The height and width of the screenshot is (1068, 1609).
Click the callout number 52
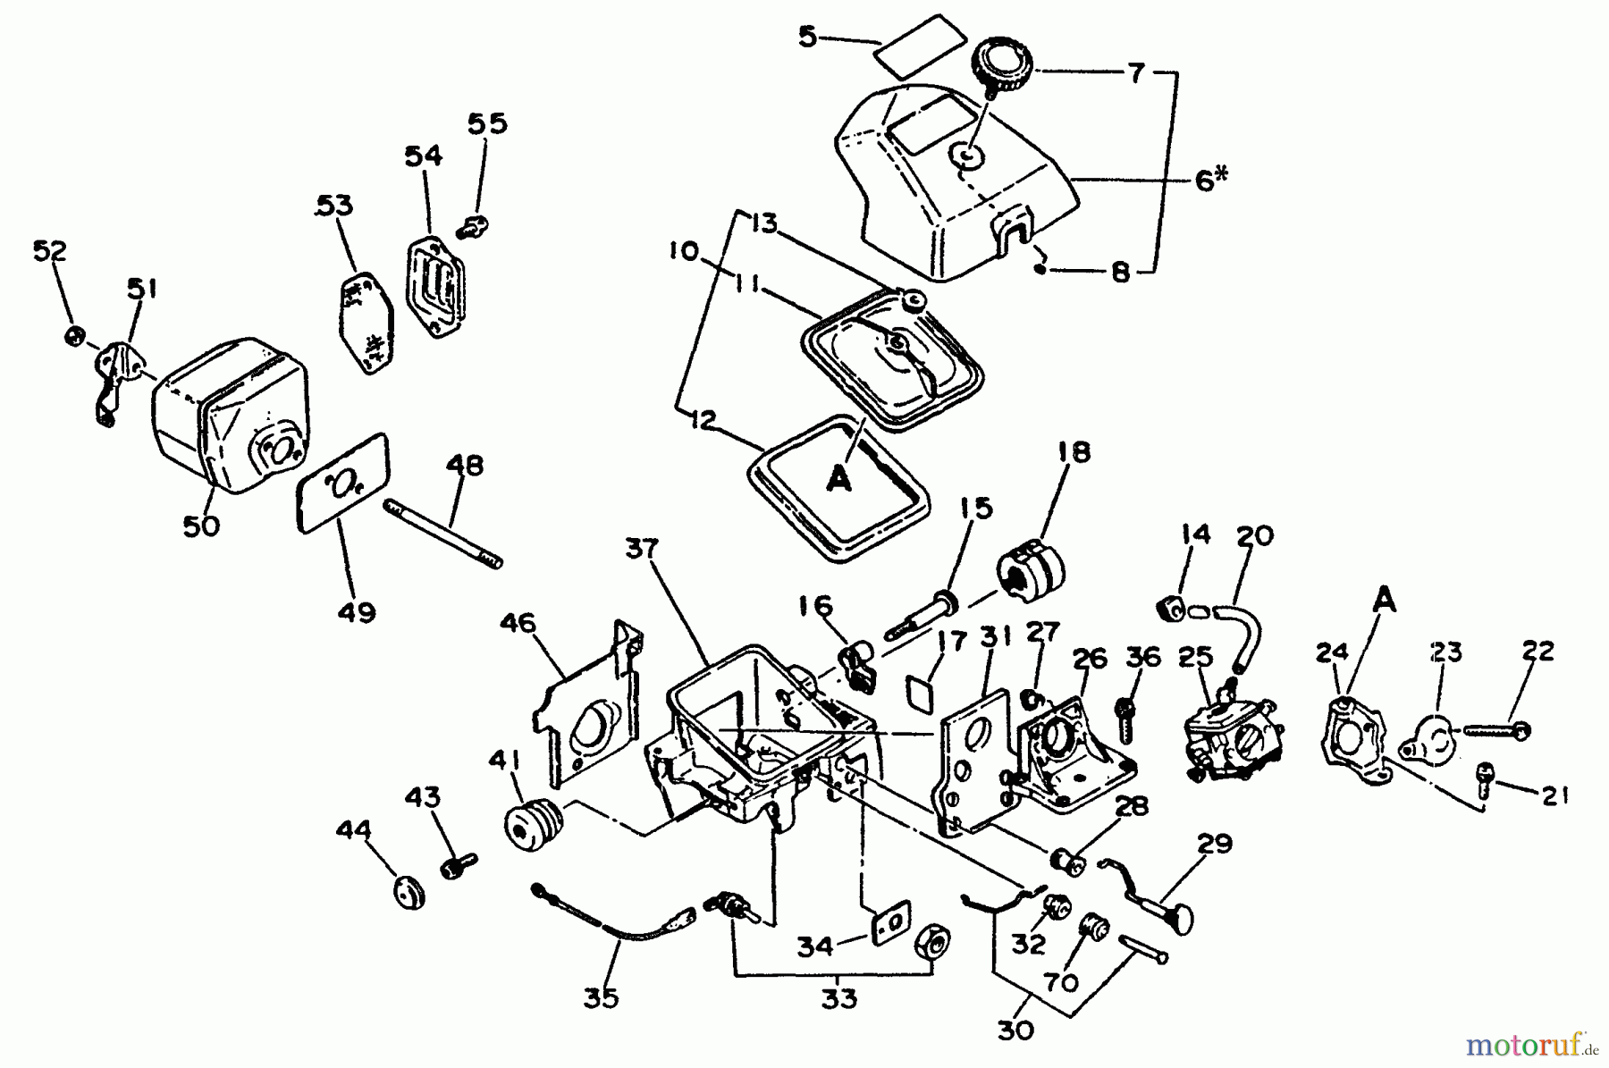(x=50, y=251)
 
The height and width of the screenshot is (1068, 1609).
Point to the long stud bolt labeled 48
(x=444, y=534)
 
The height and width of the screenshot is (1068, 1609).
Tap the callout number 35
(x=601, y=998)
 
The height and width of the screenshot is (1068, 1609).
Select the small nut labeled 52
(x=75, y=336)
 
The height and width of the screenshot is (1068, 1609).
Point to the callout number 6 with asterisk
(x=1209, y=180)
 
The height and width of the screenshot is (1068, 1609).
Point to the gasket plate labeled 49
(x=343, y=483)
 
